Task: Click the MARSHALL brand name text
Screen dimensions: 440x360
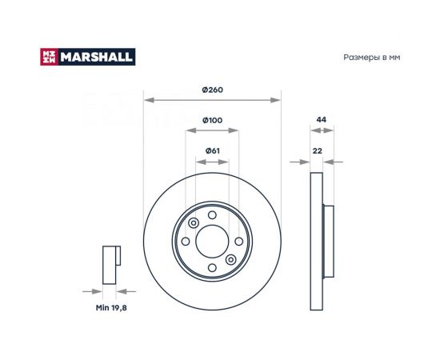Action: click(x=97, y=57)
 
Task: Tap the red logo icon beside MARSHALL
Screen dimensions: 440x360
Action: click(x=49, y=57)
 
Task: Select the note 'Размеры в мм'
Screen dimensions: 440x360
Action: click(x=371, y=58)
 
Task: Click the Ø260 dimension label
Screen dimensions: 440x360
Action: click(x=213, y=90)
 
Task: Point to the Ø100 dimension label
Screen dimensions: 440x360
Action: click(x=213, y=120)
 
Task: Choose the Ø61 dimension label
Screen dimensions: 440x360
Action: click(x=213, y=150)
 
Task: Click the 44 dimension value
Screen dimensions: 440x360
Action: click(x=322, y=119)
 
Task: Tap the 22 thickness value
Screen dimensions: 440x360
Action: click(x=317, y=150)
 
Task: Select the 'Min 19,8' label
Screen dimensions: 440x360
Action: click(x=111, y=308)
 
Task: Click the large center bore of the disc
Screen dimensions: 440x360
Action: click(x=212, y=242)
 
